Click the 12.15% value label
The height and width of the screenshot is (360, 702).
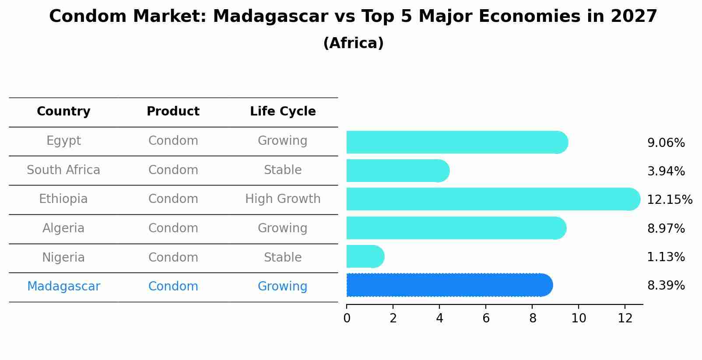(669, 200)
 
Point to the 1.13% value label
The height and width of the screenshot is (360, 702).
(666, 257)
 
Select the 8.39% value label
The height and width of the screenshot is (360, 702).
(666, 286)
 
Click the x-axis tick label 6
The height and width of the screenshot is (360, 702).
(486, 318)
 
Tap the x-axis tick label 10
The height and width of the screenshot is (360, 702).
(579, 318)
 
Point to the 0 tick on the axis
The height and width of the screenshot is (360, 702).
(347, 318)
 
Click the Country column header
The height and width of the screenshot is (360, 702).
(63, 112)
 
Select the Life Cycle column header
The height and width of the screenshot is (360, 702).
(283, 112)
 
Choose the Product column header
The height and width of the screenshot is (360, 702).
(173, 112)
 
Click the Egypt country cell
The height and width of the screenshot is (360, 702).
(63, 141)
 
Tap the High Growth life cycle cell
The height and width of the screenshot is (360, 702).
(283, 199)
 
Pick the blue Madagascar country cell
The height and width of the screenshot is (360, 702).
(63, 287)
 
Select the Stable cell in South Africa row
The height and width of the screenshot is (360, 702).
(283, 170)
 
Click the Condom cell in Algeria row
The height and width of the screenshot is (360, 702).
(173, 228)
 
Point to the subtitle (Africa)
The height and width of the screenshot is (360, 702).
(353, 43)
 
